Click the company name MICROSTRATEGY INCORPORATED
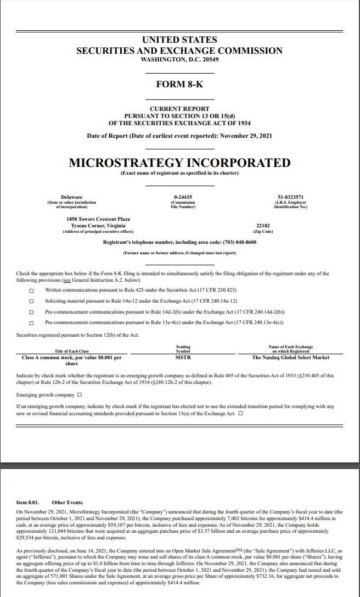coord(179,163)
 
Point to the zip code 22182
coord(263,226)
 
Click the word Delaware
coord(72,197)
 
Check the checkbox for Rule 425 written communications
coord(31,290)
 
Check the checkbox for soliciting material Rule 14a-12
coord(31,301)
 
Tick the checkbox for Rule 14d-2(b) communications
coord(31,312)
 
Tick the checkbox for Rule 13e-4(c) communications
coord(31,323)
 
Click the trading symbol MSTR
coord(183,358)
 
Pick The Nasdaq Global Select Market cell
coord(290,358)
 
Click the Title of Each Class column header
coord(72,351)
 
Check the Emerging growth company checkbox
coord(80,395)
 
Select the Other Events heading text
coord(67,502)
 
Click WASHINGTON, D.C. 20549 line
coord(179,59)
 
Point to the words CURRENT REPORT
coord(179,109)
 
